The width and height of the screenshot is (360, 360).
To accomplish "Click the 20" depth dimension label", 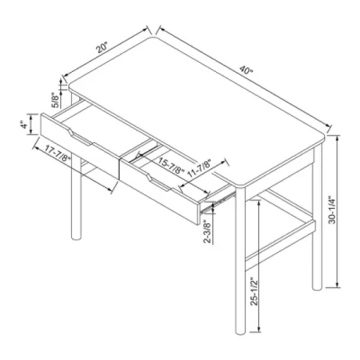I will (x=101, y=48).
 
